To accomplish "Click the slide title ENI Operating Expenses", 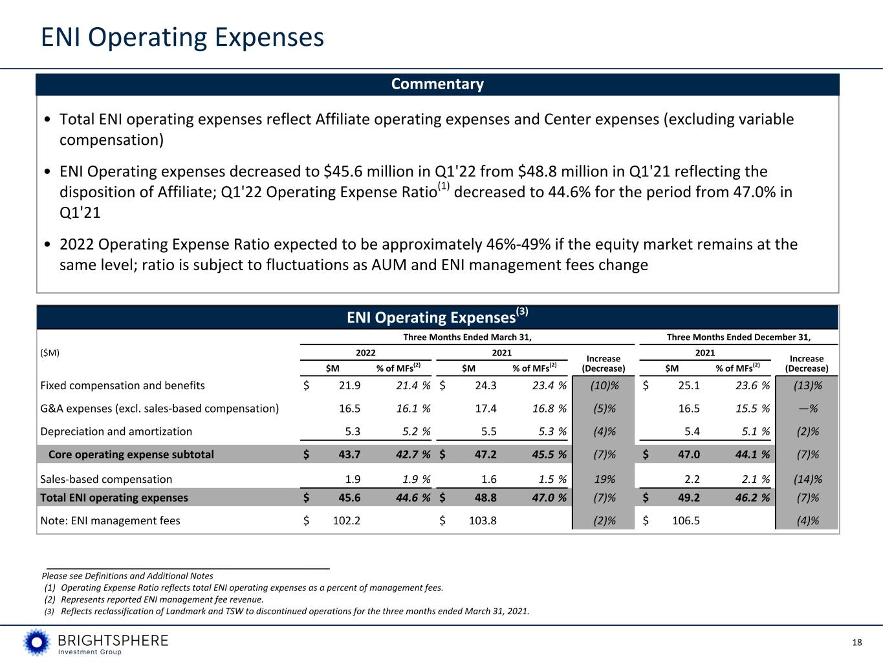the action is (x=182, y=37).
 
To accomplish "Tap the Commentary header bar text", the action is (x=437, y=84).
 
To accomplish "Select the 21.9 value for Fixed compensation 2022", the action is (x=349, y=385).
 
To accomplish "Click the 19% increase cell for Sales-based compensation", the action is (x=605, y=479).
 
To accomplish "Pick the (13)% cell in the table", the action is (x=808, y=385).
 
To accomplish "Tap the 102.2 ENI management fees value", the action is (x=346, y=520).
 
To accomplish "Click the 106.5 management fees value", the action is (x=686, y=520).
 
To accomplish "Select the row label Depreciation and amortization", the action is (x=116, y=431).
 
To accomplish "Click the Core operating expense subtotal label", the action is (x=131, y=454).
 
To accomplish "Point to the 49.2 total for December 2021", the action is (x=689, y=498).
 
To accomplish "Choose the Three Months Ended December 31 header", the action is (x=739, y=337).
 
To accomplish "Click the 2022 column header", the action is (x=365, y=352).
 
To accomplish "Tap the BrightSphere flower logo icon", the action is (x=37, y=643).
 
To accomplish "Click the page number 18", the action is (x=857, y=643).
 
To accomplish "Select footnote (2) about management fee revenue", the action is (x=154, y=599).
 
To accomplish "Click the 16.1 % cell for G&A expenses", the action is (x=413, y=409).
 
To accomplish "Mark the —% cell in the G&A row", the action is (x=808, y=409).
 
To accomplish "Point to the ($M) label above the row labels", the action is (x=50, y=353).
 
